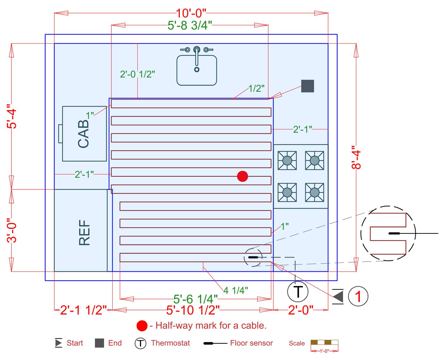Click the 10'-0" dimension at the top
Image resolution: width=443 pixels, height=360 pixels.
191,13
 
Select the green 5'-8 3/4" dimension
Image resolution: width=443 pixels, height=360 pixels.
190,25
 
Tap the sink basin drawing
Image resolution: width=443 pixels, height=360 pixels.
197,70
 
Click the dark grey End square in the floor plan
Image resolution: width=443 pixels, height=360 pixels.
307,86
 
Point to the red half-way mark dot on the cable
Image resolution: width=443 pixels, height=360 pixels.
242,176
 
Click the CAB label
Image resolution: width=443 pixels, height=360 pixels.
84,133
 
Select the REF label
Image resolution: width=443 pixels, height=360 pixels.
84,233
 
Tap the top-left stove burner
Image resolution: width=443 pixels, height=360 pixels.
287,160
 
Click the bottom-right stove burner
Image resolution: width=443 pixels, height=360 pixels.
314,192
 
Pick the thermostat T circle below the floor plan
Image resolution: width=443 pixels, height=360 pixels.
298,291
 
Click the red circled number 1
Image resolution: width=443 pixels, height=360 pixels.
358,296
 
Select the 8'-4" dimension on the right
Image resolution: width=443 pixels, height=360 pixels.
356,158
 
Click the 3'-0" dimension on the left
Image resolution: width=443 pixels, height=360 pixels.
12,230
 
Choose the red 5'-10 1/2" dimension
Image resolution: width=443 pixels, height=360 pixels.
193,310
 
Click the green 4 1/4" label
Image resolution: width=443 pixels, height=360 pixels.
236,290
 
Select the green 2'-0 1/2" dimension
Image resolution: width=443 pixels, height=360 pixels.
137,74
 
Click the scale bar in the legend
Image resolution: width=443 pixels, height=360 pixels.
324,342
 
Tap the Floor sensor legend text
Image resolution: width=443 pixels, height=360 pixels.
251,343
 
